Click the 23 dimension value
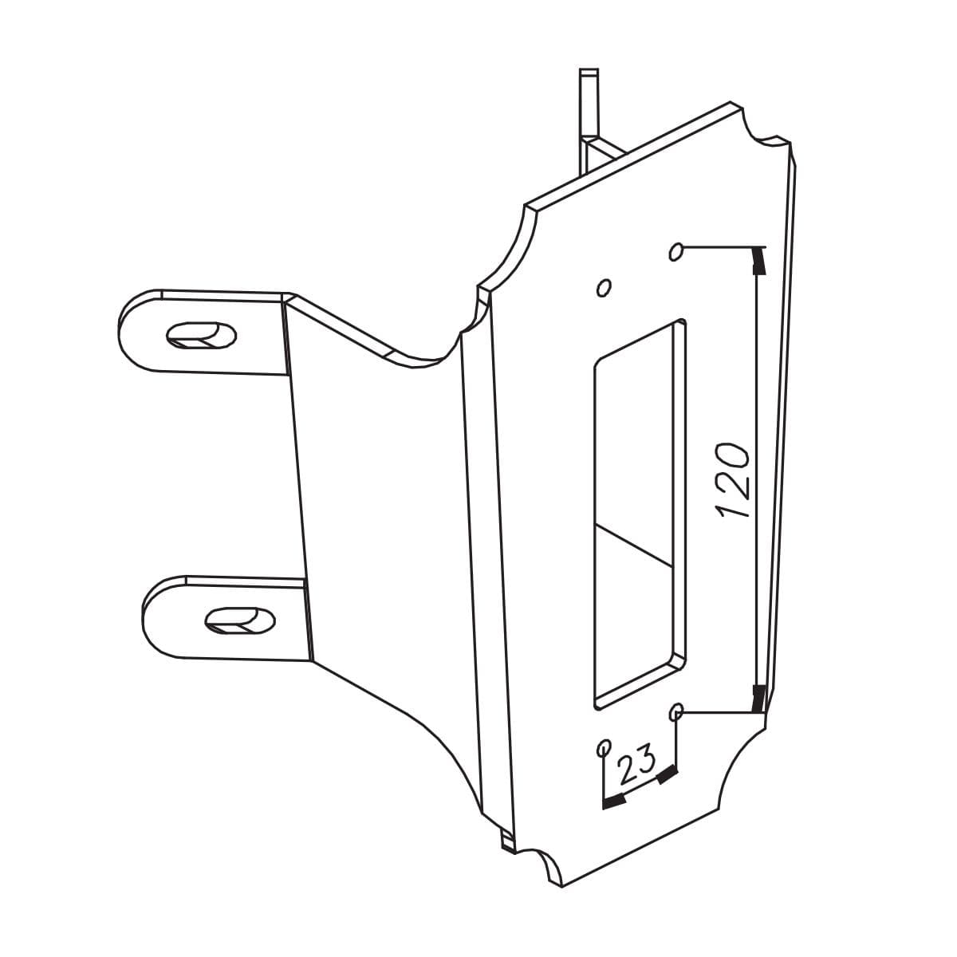click(636, 764)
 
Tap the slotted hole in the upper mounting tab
click(201, 334)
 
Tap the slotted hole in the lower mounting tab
click(240, 620)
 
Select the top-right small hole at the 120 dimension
click(677, 253)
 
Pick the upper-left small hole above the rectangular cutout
click(604, 286)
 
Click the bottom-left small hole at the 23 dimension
click(604, 748)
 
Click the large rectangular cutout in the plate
click(639, 510)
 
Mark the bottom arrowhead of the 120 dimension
click(759, 697)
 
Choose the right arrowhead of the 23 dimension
click(667, 774)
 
